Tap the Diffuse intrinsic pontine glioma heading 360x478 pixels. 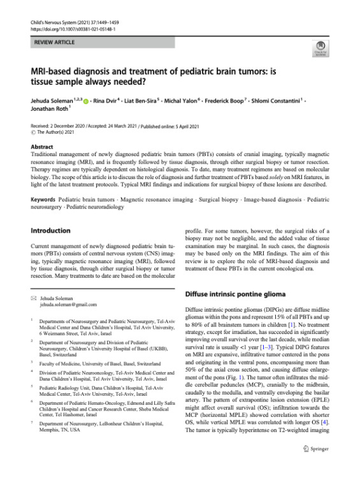pos(233,295)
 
